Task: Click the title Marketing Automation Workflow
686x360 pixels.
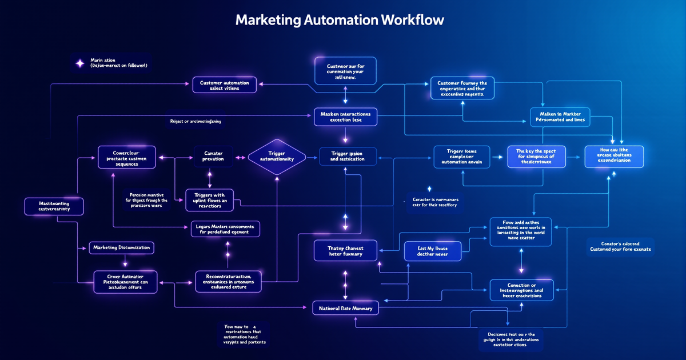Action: (340, 20)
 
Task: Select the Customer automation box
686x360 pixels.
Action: (225, 86)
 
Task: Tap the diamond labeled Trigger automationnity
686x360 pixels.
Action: (277, 156)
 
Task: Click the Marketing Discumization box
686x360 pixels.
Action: (122, 247)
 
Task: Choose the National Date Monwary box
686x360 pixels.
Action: (346, 309)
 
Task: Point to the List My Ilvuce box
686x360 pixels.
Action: (432, 251)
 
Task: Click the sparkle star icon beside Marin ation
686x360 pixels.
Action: (80, 62)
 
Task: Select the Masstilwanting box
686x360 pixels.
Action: (54, 206)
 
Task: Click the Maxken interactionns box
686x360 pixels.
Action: (345, 117)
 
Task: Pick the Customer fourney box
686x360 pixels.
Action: (462, 89)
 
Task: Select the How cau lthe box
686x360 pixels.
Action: (614, 157)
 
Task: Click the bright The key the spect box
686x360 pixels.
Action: (536, 157)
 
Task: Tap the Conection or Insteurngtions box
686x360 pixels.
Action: (521, 290)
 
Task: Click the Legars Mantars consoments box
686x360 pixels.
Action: (225, 229)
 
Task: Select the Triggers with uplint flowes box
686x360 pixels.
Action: (209, 199)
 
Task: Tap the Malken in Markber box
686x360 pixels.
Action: (560, 117)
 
